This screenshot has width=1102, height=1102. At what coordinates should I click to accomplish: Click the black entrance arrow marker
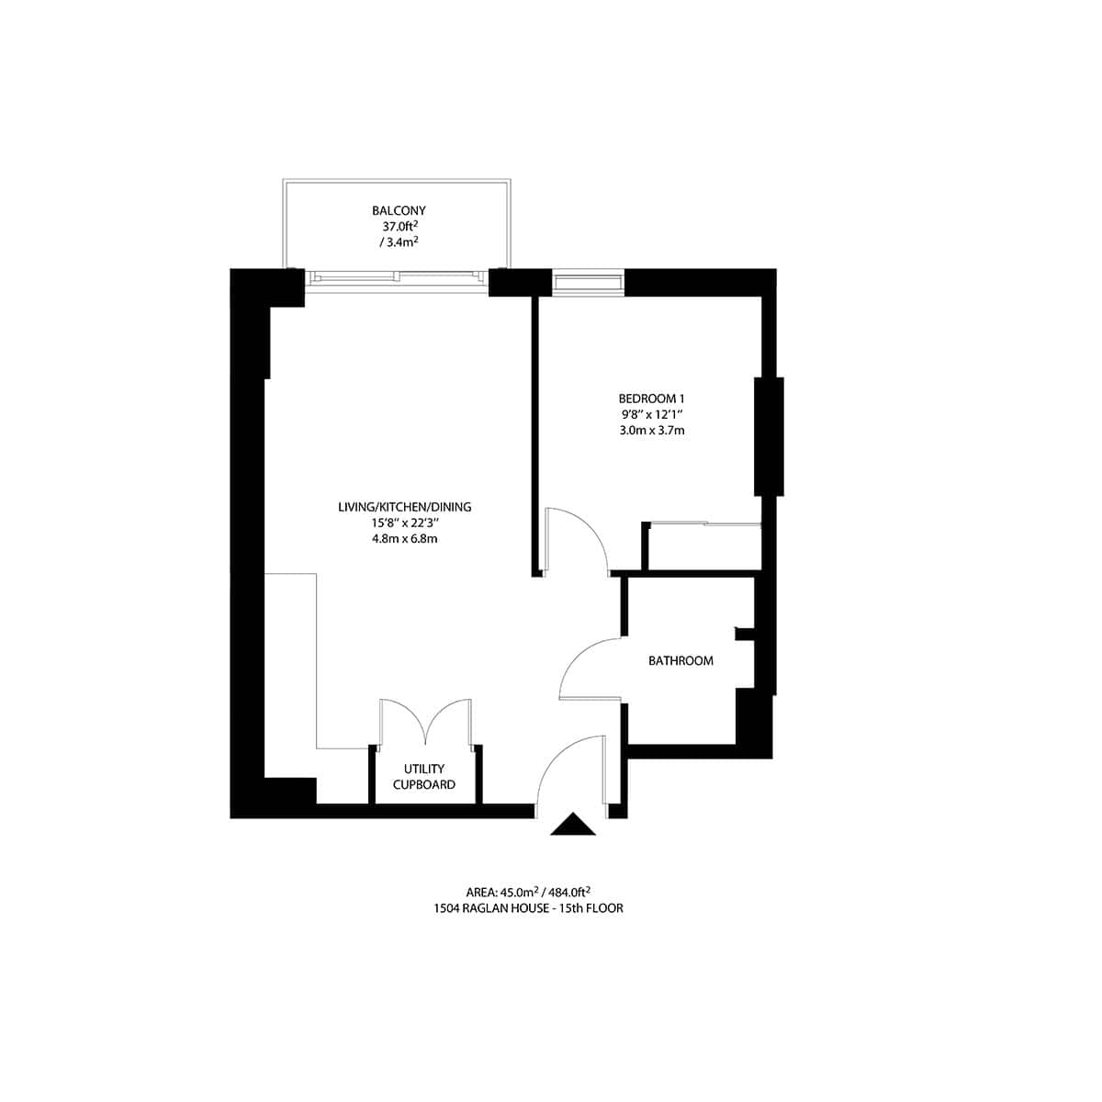573,825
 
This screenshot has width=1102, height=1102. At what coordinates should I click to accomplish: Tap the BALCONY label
399,210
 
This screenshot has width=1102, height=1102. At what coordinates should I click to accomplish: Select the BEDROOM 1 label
652,399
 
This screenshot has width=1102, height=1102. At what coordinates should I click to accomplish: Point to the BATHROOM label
680,660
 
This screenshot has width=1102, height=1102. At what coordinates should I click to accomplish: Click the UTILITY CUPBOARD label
424,777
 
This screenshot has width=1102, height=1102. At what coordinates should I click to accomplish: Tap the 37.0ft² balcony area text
399,226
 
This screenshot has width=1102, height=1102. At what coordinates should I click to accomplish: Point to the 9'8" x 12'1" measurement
652,415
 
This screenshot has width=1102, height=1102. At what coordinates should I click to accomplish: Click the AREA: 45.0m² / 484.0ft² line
528,891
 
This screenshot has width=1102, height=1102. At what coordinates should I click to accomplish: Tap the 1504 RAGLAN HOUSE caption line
528,907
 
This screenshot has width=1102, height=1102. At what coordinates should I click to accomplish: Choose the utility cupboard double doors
426,721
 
